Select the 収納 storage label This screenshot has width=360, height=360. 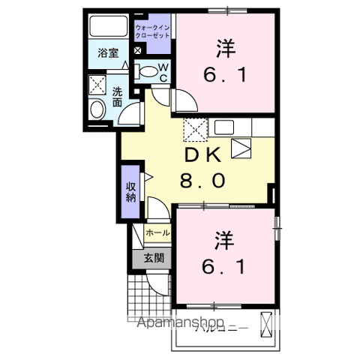(130, 192)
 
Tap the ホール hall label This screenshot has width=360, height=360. (157, 233)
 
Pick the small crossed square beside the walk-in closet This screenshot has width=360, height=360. (138, 50)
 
